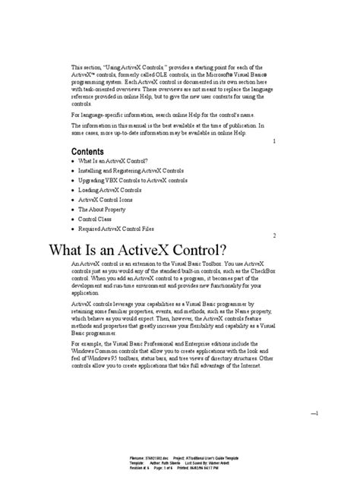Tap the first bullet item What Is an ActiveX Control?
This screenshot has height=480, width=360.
click(112, 161)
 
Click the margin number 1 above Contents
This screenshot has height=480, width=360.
click(273, 141)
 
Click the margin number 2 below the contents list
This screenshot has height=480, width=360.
click(273, 236)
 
